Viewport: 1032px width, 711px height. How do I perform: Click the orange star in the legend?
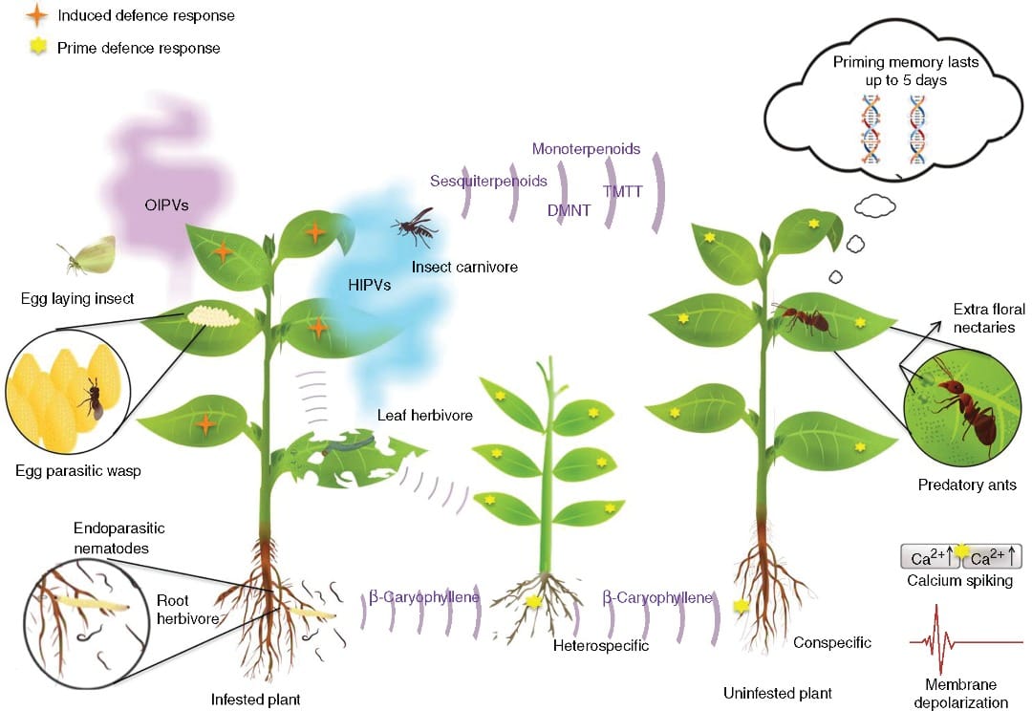click(37, 16)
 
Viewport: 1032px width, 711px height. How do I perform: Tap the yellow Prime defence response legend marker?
click(37, 48)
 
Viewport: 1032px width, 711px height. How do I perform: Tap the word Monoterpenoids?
click(585, 149)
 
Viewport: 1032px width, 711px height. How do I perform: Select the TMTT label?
click(622, 191)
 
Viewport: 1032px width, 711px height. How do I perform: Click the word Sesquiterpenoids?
click(488, 181)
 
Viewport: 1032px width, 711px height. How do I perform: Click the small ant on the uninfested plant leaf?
click(805, 319)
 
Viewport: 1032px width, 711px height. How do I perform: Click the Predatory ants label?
click(967, 485)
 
